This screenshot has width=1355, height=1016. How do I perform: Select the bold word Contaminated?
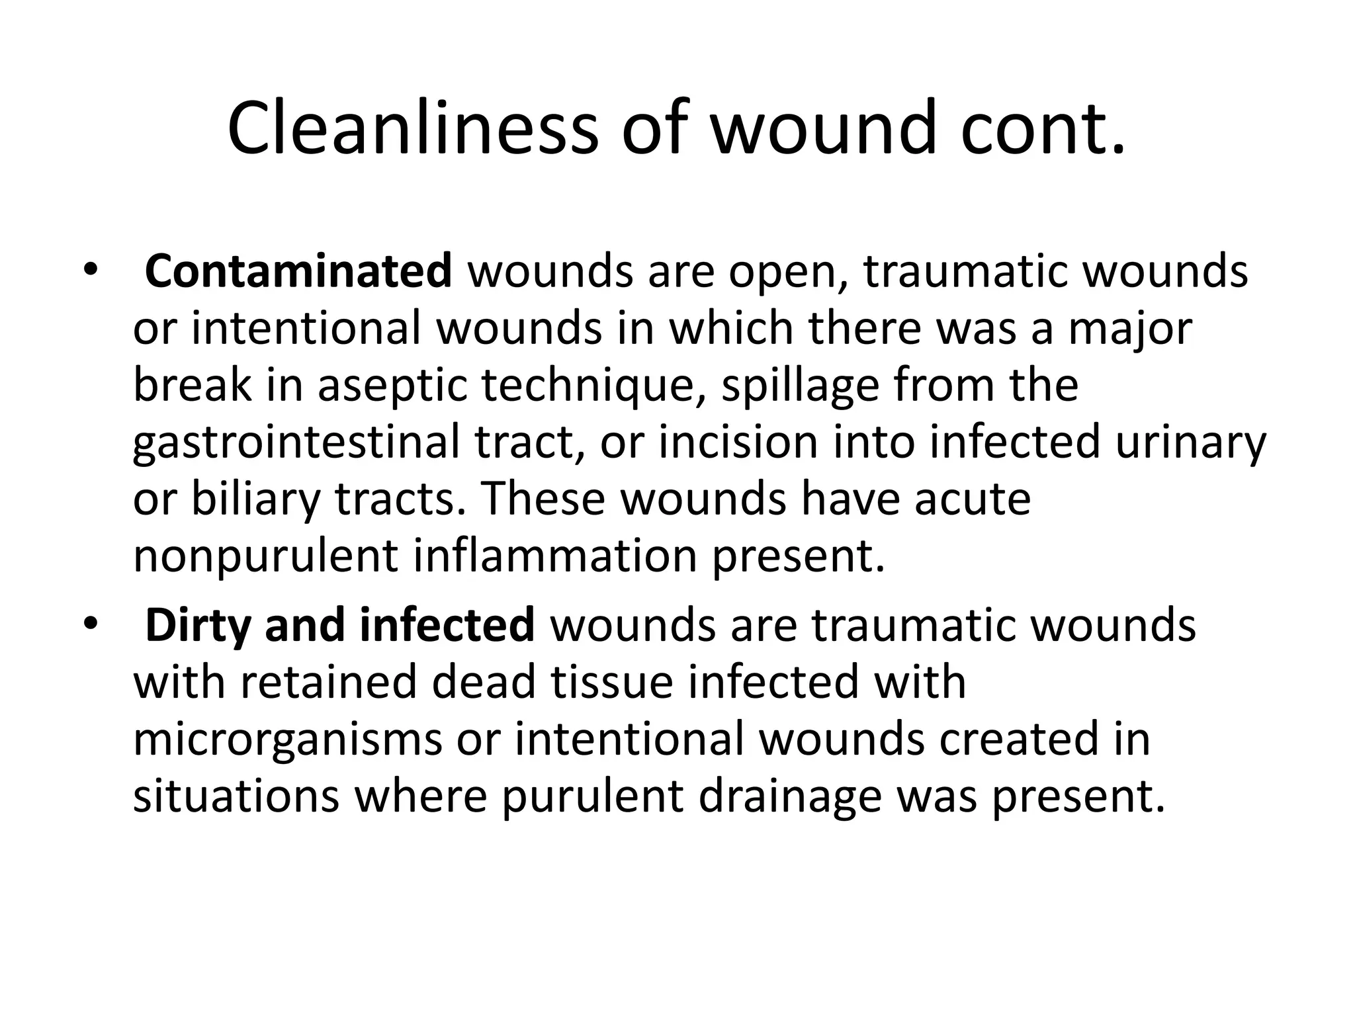click(298, 271)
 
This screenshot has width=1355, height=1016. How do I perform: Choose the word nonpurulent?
click(265, 556)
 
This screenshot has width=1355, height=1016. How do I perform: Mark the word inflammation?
click(555, 556)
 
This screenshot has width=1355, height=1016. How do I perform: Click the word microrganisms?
click(288, 739)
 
